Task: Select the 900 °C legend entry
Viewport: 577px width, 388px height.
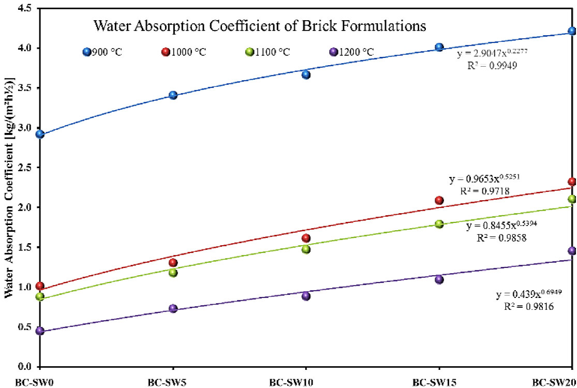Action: [x=103, y=52]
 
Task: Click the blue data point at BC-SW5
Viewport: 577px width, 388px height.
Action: [x=173, y=95]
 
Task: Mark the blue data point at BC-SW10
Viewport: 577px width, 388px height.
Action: [x=306, y=74]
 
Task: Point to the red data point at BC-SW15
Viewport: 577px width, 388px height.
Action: [x=439, y=200]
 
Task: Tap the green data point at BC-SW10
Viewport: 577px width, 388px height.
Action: [x=306, y=249]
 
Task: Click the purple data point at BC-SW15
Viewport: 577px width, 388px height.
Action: [x=439, y=280]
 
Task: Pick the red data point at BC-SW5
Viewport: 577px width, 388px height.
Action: [x=173, y=262]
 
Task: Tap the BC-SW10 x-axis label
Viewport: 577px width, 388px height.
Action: [x=305, y=382]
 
